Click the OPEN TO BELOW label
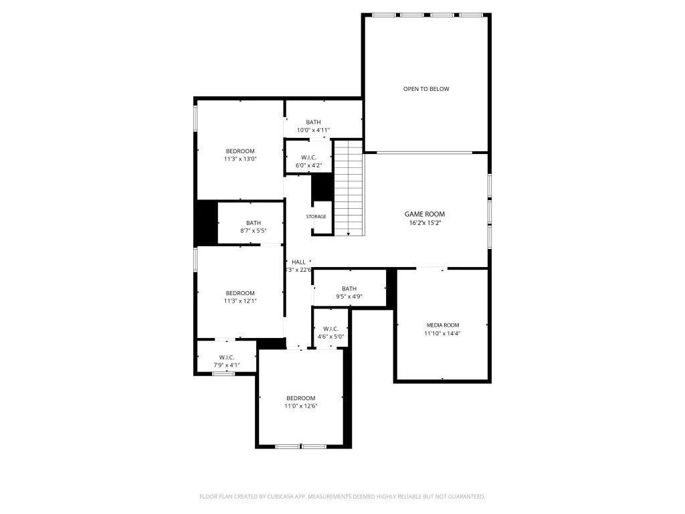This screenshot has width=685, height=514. pyautogui.click(x=425, y=89)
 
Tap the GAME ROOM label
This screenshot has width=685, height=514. pyautogui.click(x=425, y=214)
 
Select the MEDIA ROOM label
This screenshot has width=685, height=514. pyautogui.click(x=442, y=325)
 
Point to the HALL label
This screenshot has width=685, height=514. pyautogui.click(x=298, y=262)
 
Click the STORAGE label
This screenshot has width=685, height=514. pyautogui.click(x=316, y=217)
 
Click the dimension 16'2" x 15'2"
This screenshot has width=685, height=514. pyautogui.click(x=425, y=223)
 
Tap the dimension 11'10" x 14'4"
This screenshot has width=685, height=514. pyautogui.click(x=442, y=333)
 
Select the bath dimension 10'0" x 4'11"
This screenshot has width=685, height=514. pyautogui.click(x=313, y=131)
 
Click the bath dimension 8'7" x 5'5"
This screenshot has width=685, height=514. pyautogui.click(x=254, y=232)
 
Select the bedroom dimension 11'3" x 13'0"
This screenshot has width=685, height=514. pyautogui.click(x=239, y=159)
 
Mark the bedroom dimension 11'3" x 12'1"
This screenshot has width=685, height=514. pyautogui.click(x=239, y=301)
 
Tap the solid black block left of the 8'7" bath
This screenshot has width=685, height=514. pyautogui.click(x=206, y=224)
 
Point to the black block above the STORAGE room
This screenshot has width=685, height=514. pyautogui.click(x=322, y=187)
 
